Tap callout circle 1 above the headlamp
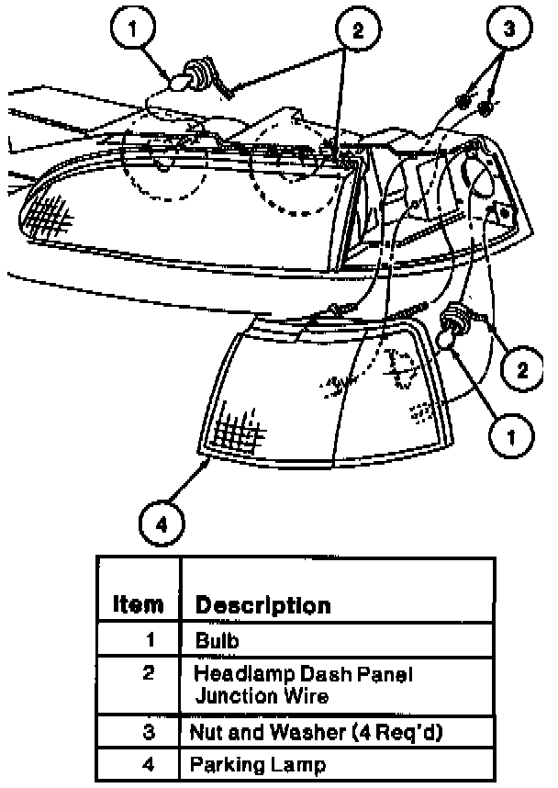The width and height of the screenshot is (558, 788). (x=135, y=29)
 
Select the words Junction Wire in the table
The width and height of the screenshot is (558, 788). (x=262, y=696)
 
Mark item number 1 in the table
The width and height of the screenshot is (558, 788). (x=149, y=638)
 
